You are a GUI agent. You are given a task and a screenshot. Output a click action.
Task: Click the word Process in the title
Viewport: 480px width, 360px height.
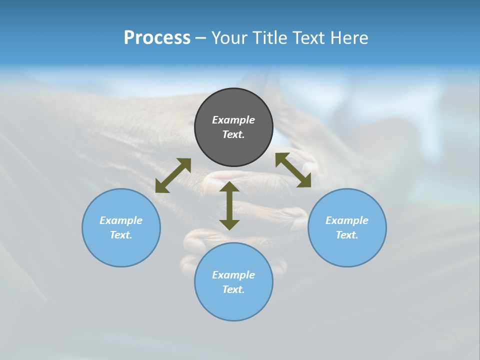(157, 38)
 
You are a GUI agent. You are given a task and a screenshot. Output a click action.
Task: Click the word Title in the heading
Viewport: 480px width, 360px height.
(269, 38)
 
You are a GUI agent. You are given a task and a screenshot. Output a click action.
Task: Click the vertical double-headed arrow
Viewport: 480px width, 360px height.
(229, 205)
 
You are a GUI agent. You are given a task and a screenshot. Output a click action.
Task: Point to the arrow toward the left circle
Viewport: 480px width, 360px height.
(173, 175)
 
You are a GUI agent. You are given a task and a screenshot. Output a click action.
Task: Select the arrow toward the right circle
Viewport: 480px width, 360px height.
(293, 170)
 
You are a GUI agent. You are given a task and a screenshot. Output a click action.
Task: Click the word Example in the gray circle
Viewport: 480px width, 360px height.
(233, 120)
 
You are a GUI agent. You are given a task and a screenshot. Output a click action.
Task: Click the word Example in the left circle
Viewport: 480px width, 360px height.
(121, 220)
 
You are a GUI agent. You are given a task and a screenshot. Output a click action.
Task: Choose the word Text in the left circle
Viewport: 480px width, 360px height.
(121, 235)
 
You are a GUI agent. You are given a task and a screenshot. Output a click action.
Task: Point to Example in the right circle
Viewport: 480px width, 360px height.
(347, 220)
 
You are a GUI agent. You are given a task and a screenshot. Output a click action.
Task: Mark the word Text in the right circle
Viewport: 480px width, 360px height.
(347, 235)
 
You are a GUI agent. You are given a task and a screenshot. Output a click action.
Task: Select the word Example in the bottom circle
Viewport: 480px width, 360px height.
(233, 275)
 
